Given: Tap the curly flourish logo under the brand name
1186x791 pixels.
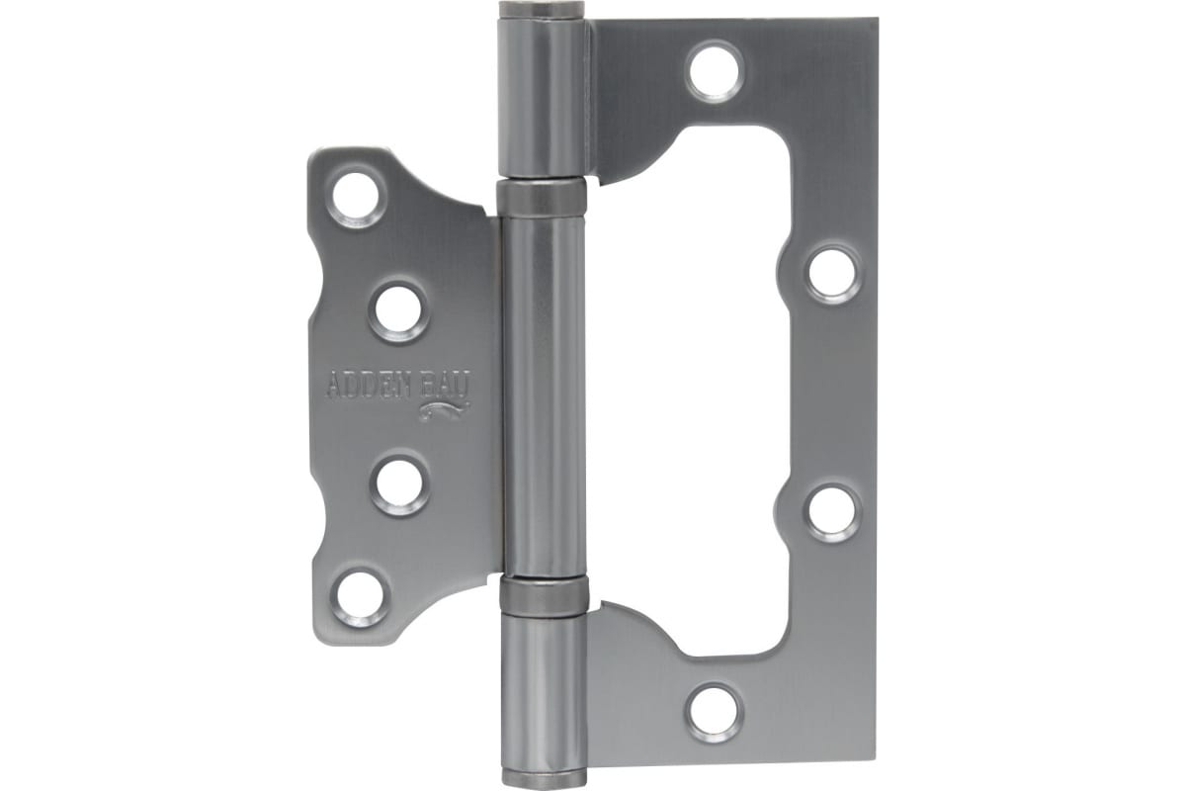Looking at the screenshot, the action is tap(445, 410).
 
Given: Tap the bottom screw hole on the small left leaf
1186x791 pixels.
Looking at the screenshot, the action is tap(360, 596).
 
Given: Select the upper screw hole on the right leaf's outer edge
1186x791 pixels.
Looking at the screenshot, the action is tap(833, 273).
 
